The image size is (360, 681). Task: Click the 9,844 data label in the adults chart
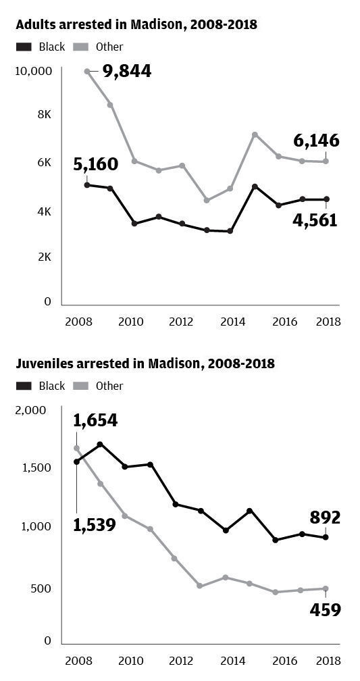click(x=126, y=71)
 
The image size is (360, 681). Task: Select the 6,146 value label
click(x=316, y=141)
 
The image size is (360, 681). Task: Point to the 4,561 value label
click(x=314, y=220)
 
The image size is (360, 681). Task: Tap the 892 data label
click(x=326, y=518)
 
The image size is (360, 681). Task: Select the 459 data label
click(x=326, y=609)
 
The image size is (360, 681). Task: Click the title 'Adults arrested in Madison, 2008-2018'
click(x=136, y=25)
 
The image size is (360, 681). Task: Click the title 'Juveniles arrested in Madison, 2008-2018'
click(x=145, y=363)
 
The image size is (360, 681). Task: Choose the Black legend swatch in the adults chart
click(x=24, y=47)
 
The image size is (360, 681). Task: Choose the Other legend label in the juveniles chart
click(x=109, y=386)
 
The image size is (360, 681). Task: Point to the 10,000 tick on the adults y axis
click(x=33, y=71)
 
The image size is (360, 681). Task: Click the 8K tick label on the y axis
click(x=45, y=115)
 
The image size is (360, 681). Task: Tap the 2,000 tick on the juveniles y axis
click(x=30, y=410)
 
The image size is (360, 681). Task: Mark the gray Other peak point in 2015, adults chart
click(x=255, y=134)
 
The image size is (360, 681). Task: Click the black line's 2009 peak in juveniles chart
click(x=101, y=445)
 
